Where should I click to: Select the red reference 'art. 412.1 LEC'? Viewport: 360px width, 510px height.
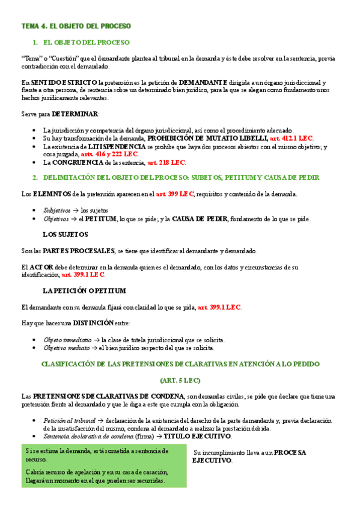point(291,138)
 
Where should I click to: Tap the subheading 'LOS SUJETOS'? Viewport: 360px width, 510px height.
point(67,235)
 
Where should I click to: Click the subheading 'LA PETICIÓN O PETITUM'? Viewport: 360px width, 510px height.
point(84,290)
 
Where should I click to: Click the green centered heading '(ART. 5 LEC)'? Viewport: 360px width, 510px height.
point(180,380)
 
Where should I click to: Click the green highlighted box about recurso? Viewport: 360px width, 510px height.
point(104,466)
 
